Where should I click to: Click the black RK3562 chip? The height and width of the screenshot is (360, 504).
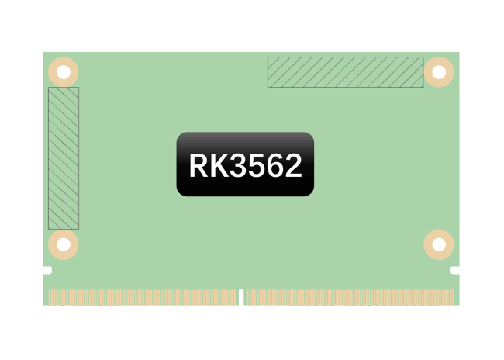coord(245,164)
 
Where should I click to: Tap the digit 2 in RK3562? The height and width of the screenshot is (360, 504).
coord(292,166)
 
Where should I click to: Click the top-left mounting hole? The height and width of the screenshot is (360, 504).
coord(64,72)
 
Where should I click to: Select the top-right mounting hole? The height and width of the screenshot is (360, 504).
coord(439,72)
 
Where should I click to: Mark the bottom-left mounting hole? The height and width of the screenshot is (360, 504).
coord(64,244)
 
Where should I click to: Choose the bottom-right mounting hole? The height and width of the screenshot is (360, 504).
coord(439,244)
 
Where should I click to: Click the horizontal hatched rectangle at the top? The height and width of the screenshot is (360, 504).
coord(345,72)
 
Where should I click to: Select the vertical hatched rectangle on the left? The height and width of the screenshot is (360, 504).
coord(64,158)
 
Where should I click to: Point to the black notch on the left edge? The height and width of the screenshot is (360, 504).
coord(47,270)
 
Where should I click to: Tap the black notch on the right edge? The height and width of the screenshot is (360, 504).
coord(455,270)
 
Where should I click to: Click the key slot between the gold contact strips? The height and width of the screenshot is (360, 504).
coord(241,298)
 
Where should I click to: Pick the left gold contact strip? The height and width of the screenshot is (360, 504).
coord(143,297)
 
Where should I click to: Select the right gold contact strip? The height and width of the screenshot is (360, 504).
coord(349,297)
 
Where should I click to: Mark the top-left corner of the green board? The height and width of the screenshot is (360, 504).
coord(43,52)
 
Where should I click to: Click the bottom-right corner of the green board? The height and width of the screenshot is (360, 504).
coord(459,305)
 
